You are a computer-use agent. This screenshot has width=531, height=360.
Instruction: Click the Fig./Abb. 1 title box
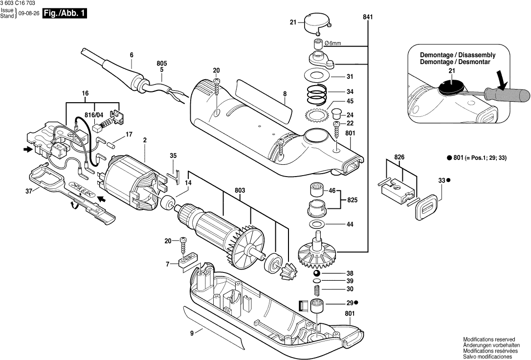[x=65, y=14]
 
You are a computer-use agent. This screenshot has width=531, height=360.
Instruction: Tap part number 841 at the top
[x=368, y=17]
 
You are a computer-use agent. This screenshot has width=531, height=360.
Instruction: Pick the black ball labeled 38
[x=317, y=273]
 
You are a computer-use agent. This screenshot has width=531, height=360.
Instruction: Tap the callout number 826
[x=400, y=157]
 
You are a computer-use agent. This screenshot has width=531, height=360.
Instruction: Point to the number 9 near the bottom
[x=192, y=333]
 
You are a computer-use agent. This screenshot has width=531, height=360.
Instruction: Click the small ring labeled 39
[x=316, y=282]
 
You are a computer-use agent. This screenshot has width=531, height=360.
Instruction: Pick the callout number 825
[x=352, y=200]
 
